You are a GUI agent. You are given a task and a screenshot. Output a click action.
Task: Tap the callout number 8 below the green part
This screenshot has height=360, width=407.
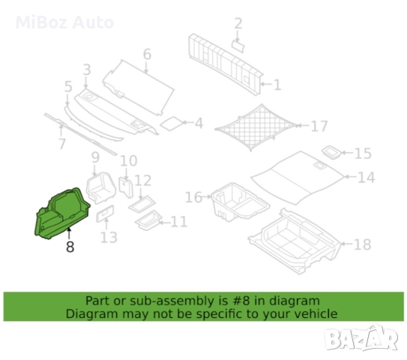coord(70,247)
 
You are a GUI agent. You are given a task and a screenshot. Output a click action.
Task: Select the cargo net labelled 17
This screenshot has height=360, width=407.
coord(256,127)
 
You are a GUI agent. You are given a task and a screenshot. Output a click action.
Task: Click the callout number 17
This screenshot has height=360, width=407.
coord(319,126)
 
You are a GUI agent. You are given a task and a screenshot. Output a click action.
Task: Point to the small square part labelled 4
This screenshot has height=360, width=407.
coord(172,124)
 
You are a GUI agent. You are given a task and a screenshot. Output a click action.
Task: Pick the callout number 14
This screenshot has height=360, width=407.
coord(366,178)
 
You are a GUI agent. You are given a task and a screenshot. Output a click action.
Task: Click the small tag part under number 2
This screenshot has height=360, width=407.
coord(238,46)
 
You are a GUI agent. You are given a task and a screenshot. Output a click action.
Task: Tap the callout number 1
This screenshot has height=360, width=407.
coord(277,85)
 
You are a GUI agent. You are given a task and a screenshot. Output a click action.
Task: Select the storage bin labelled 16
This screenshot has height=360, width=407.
coord(240,202)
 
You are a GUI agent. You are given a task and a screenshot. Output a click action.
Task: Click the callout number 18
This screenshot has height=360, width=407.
coord(362,244)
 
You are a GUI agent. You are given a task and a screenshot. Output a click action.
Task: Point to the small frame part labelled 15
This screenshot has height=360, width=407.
coord(332,152)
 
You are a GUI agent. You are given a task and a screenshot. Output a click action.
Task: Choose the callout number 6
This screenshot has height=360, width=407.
coord(147,55)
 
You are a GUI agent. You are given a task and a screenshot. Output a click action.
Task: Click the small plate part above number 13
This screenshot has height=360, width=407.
coord(105,214)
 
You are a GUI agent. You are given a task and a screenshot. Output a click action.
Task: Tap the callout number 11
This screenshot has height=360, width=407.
coord(179,222)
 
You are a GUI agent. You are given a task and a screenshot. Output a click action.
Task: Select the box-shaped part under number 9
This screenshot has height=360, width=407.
coord(100,187)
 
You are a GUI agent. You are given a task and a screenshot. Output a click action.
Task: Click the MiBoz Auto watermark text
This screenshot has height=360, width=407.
coord(64,22)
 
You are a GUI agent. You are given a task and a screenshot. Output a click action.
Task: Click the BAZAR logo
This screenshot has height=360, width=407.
coord(361,338)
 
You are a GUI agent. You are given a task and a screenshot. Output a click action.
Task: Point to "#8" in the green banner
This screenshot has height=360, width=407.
coord(240,301)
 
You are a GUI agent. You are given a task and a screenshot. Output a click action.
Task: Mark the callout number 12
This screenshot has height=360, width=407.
coord(142,181)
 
